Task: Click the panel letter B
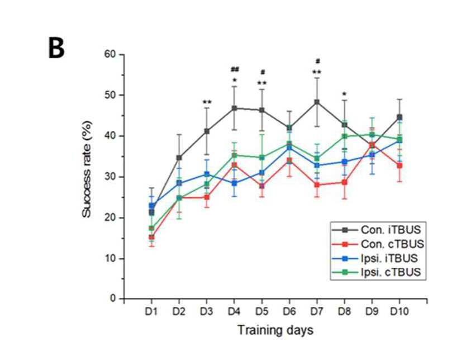56,49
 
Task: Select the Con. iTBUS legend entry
377,230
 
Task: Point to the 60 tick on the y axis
110,54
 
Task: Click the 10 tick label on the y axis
110,258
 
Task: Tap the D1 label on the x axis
151,311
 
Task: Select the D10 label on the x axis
400,311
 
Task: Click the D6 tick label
289,311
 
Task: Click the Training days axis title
275,330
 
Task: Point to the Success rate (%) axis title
87,169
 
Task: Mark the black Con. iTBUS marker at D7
317,102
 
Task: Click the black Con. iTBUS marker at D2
179,158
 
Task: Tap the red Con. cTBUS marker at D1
151,237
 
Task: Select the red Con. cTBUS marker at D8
344,182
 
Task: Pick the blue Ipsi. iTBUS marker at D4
234,183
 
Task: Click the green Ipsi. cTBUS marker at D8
344,136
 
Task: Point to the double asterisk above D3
207,102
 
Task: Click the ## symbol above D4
235,69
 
